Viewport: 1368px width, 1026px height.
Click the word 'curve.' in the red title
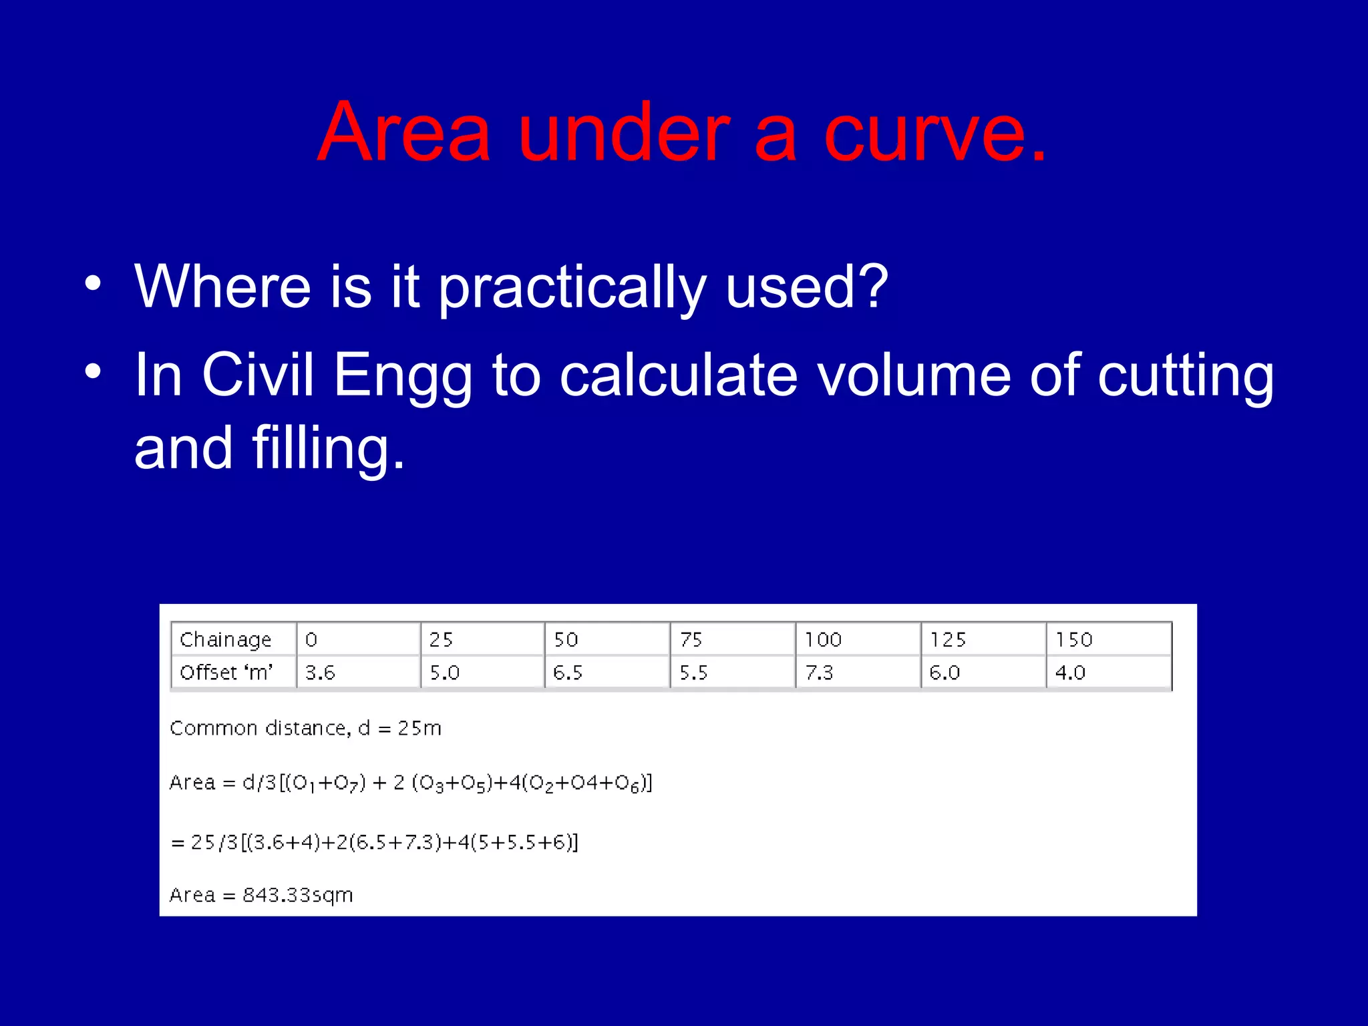pyautogui.click(x=935, y=134)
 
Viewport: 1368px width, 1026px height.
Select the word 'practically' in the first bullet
pyautogui.click(x=572, y=289)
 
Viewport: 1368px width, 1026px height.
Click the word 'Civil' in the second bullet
pyautogui.click(x=257, y=375)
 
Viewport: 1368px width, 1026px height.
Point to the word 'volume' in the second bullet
pyautogui.click(x=914, y=375)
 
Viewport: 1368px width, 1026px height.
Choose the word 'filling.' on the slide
pyautogui.click(x=328, y=448)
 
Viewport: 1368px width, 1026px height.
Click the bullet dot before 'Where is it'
pyautogui.click(x=93, y=283)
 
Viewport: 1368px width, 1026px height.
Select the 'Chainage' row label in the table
pyautogui.click(x=226, y=640)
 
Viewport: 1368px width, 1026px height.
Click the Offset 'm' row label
pyautogui.click(x=226, y=673)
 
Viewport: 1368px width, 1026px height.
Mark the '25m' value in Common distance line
pyautogui.click(x=419, y=728)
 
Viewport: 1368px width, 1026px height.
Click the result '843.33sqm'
pyautogui.click(x=297, y=895)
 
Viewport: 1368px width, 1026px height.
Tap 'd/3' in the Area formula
pyautogui.click(x=259, y=782)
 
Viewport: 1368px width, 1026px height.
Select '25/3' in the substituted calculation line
pyautogui.click(x=214, y=842)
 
